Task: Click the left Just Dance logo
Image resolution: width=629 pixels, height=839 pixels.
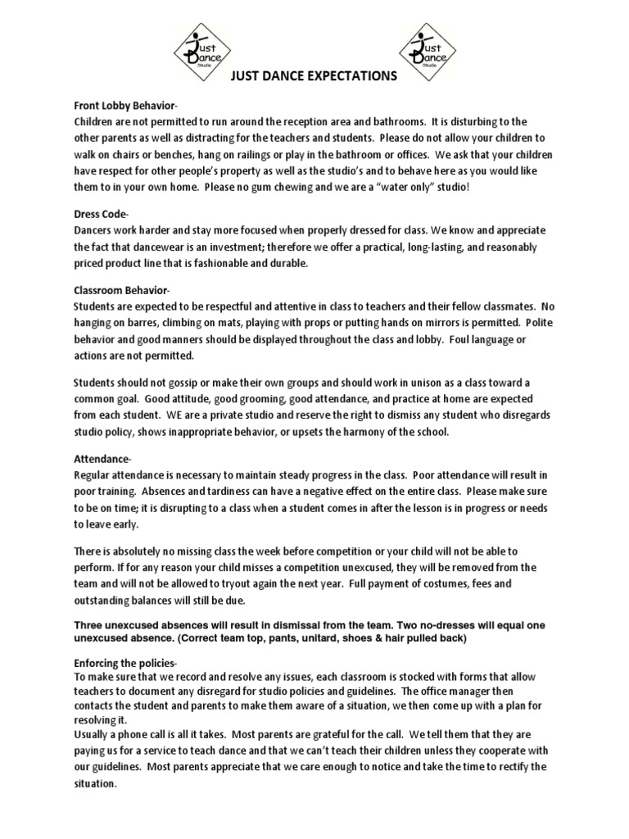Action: (201, 48)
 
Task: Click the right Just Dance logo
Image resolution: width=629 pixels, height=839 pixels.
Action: (426, 48)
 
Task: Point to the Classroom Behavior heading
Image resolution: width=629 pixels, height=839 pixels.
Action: (122, 290)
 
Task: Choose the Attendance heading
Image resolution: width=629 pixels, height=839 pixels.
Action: (102, 459)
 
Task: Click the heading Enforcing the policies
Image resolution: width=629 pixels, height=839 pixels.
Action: (125, 662)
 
